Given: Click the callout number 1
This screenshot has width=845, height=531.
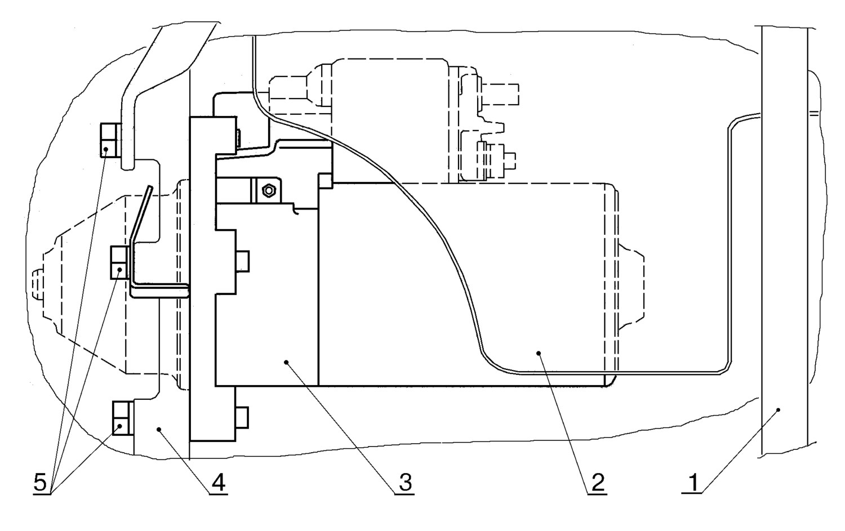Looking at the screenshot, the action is click(x=693, y=483).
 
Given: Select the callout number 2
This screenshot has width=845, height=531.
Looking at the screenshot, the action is click(x=598, y=483).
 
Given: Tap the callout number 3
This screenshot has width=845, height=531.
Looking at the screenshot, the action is click(x=405, y=483).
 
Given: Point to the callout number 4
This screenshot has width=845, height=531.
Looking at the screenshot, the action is click(x=219, y=483).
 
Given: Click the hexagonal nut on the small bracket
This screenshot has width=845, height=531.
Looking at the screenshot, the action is click(x=269, y=191).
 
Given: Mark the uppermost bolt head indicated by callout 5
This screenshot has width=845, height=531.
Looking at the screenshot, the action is click(x=110, y=140).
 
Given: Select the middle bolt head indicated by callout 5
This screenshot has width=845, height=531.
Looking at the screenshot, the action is click(x=120, y=262).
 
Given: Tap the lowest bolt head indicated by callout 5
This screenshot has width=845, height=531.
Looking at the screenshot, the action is click(x=123, y=418).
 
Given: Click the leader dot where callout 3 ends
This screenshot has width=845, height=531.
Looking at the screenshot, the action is click(x=286, y=363).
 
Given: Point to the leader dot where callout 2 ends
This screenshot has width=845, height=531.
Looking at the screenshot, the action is click(x=539, y=353).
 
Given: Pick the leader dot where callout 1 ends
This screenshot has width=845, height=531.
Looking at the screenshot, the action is click(x=778, y=409).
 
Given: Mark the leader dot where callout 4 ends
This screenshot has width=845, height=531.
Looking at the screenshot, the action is click(x=159, y=429).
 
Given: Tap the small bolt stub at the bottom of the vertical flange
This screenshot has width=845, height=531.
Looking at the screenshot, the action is click(x=242, y=417).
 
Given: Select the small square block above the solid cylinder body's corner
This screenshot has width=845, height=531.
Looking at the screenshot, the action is click(x=326, y=181).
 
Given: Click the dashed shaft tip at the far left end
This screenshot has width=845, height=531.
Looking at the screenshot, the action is click(x=37, y=284).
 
